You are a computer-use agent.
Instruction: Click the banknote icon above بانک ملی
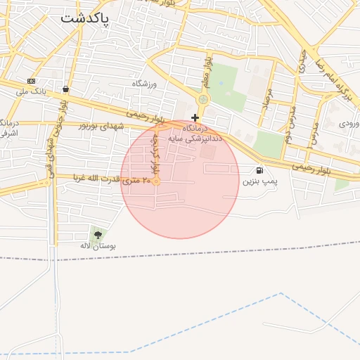pyautogui.click(x=31, y=81)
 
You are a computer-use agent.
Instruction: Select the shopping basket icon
pyautogui.click(x=65, y=89)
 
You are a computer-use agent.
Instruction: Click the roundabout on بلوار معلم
pyautogui.click(x=203, y=100)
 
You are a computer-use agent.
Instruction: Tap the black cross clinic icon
pyautogui.click(x=195, y=117)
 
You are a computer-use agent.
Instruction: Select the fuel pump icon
pyautogui.click(x=260, y=169)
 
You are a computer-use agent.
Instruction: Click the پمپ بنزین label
pyautogui.click(x=260, y=181)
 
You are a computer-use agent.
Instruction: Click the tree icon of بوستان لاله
pyautogui.click(x=97, y=235)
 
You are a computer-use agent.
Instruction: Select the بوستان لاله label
pyautogui.click(x=97, y=246)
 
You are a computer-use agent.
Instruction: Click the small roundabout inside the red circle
pyautogui.click(x=157, y=181)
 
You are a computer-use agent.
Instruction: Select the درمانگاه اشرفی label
pyautogui.click(x=8, y=127)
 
